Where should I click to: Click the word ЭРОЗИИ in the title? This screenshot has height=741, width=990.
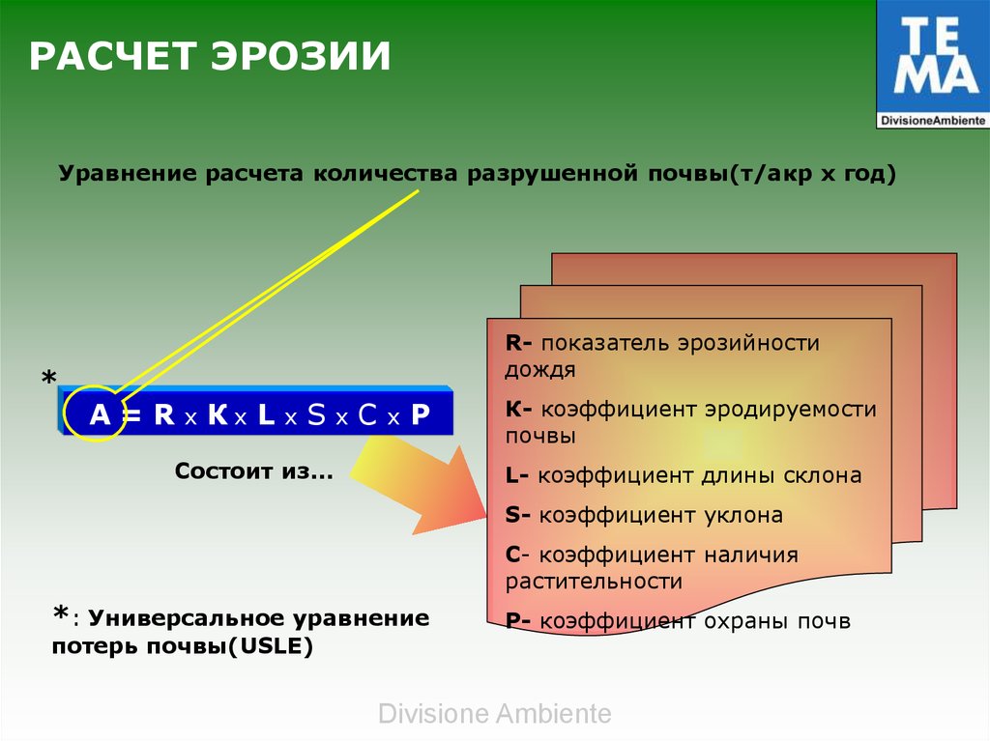pyautogui.click(x=301, y=55)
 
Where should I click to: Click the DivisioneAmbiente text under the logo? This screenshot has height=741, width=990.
pyautogui.click(x=933, y=120)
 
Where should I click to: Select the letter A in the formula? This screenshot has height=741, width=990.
pyautogui.click(x=100, y=414)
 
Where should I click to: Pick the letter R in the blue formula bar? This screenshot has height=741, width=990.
pyautogui.click(x=164, y=414)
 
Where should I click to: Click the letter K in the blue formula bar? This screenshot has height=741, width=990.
pyautogui.click(x=218, y=414)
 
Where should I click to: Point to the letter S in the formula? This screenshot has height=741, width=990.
pyautogui.click(x=316, y=414)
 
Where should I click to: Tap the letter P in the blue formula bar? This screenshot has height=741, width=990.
pyautogui.click(x=421, y=414)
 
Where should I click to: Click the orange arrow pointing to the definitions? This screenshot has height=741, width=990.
pyautogui.click(x=420, y=483)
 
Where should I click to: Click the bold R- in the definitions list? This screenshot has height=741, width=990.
pyautogui.click(x=519, y=343)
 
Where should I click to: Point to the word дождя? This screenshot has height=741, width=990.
pyautogui.click(x=540, y=370)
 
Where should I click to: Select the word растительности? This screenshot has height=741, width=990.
pyautogui.click(x=595, y=582)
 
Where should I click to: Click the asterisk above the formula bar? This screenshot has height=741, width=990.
pyautogui.click(x=48, y=378)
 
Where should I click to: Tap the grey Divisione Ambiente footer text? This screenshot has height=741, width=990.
pyautogui.click(x=495, y=714)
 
